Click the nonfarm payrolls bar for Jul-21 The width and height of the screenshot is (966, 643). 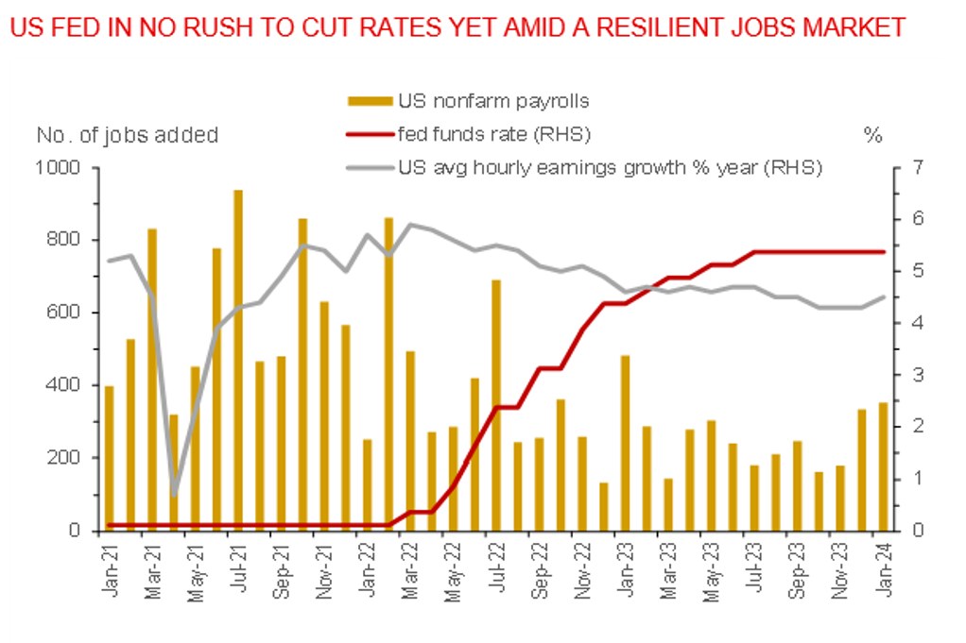pyautogui.click(x=238, y=360)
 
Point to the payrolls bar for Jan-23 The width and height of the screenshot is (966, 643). pyautogui.click(x=626, y=443)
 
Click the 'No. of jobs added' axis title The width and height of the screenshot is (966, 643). pyautogui.click(x=127, y=135)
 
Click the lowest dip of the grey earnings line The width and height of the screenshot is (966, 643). pyautogui.click(x=175, y=494)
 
